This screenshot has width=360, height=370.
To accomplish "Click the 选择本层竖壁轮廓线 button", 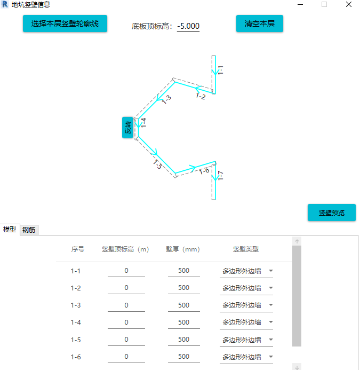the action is [65, 23].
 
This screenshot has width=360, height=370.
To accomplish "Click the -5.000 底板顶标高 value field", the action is [188, 26].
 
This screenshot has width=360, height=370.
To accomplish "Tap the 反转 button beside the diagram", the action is [127, 127].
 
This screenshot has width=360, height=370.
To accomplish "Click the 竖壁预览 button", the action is [331, 212].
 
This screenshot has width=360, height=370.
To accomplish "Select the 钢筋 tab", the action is [29, 230].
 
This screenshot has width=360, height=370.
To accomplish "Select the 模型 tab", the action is [10, 230].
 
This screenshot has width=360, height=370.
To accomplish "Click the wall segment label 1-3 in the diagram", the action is [166, 99].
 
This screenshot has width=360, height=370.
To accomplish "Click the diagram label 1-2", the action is [201, 97].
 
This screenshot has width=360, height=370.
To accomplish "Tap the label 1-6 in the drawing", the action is [204, 171].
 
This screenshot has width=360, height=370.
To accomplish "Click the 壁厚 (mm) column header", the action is [182, 249].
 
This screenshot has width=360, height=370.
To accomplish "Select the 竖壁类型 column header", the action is [246, 249].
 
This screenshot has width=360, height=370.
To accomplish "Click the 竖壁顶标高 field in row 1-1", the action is [126, 271].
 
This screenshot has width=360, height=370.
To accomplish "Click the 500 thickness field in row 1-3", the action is [183, 305].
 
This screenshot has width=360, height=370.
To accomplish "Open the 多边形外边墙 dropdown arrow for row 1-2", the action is [270, 288].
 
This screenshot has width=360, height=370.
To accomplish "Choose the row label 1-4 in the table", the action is [76, 322].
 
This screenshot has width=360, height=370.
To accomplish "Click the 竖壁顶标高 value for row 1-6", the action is [126, 357].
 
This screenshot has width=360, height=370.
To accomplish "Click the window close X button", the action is [348, 5].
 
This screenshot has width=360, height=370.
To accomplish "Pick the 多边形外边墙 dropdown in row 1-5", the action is [246, 340].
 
